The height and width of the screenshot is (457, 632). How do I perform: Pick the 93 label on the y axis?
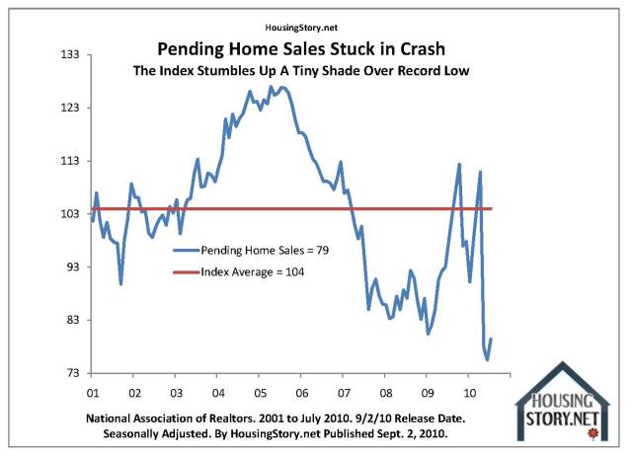[71, 267]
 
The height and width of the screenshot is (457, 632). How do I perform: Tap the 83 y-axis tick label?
[71, 321]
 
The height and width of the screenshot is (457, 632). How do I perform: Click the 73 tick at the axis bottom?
[71, 374]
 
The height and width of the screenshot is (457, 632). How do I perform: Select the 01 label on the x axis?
[91, 390]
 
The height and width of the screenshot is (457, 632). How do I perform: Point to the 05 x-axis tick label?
[258, 390]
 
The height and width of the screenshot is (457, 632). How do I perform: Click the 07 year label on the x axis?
[342, 390]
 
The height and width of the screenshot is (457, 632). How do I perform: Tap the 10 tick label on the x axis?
[467, 390]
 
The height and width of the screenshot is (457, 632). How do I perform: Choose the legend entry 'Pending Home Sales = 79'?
[264, 252]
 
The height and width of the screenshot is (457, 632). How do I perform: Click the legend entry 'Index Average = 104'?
[252, 271]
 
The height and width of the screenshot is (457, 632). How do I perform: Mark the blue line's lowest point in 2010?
[487, 360]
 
